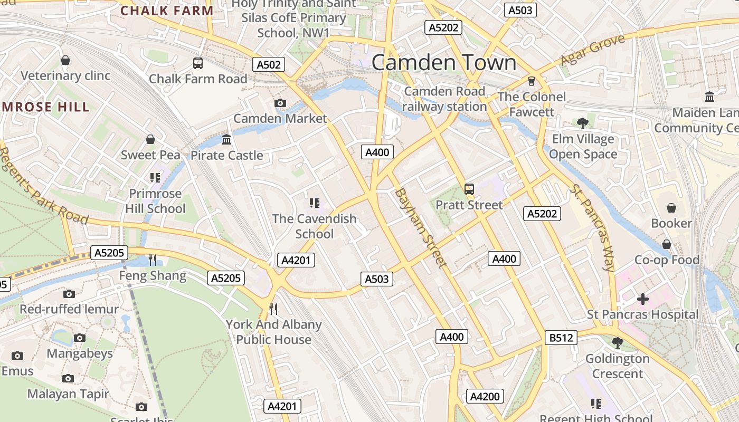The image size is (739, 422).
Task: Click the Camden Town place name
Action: pyautogui.click(x=444, y=63)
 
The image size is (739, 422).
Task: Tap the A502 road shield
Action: pyautogui.click(x=268, y=65)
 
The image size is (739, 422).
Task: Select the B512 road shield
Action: pyautogui.click(x=561, y=338)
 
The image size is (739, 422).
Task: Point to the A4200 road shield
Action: pyautogui.click(x=485, y=397)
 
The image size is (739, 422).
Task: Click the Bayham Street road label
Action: pyautogui.click(x=421, y=228)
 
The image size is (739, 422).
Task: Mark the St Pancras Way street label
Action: pyautogui.click(x=592, y=228)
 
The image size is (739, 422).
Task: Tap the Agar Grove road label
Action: pyautogui.click(x=592, y=50)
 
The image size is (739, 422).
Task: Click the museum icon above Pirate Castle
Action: pyautogui.click(x=226, y=140)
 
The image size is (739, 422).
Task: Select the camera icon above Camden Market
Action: pyautogui.click(x=280, y=103)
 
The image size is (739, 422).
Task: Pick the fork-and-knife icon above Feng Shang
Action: pyautogui.click(x=153, y=260)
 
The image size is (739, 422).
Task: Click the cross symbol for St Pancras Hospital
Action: pyautogui.click(x=642, y=299)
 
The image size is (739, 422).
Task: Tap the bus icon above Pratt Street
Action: pyautogui.click(x=469, y=189)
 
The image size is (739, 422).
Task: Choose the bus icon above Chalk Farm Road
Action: pyautogui.click(x=198, y=63)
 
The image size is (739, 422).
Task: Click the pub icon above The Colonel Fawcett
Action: pyautogui.click(x=531, y=81)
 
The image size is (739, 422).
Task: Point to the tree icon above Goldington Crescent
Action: pyautogui.click(x=617, y=343)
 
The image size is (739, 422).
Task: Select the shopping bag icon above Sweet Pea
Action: pyautogui.click(x=150, y=139)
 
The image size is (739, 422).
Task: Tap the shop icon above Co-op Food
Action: pyautogui.click(x=666, y=244)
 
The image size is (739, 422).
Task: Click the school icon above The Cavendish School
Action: pyautogui.click(x=315, y=203)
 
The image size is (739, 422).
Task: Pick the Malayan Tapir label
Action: pyautogui.click(x=68, y=394)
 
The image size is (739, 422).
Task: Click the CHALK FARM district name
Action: pyautogui.click(x=167, y=11)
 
